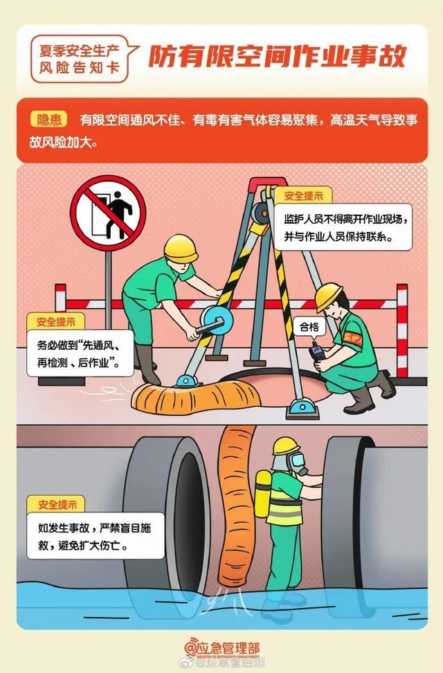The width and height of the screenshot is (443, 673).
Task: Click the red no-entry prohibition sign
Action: click(x=108, y=213)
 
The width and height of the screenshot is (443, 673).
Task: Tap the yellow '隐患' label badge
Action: click(x=48, y=120)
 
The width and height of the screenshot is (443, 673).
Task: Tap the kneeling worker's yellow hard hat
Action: click(x=329, y=296)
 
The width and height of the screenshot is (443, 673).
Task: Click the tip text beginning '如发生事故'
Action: click(x=96, y=536)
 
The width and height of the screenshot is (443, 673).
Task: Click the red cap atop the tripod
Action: click(x=267, y=185)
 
